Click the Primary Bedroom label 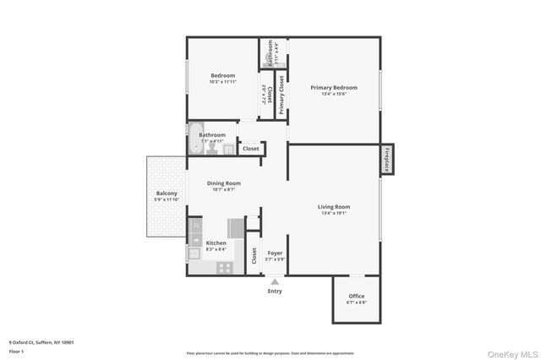333,88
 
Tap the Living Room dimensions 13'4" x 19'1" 333,213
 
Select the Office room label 356,296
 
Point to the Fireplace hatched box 388,159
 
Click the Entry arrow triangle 274,282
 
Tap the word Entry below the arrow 275,292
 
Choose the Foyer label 275,253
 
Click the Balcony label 166,194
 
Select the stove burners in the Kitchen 225,268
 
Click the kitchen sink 194,253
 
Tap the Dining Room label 224,183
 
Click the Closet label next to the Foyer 254,255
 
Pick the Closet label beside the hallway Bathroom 251,149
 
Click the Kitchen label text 216,243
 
